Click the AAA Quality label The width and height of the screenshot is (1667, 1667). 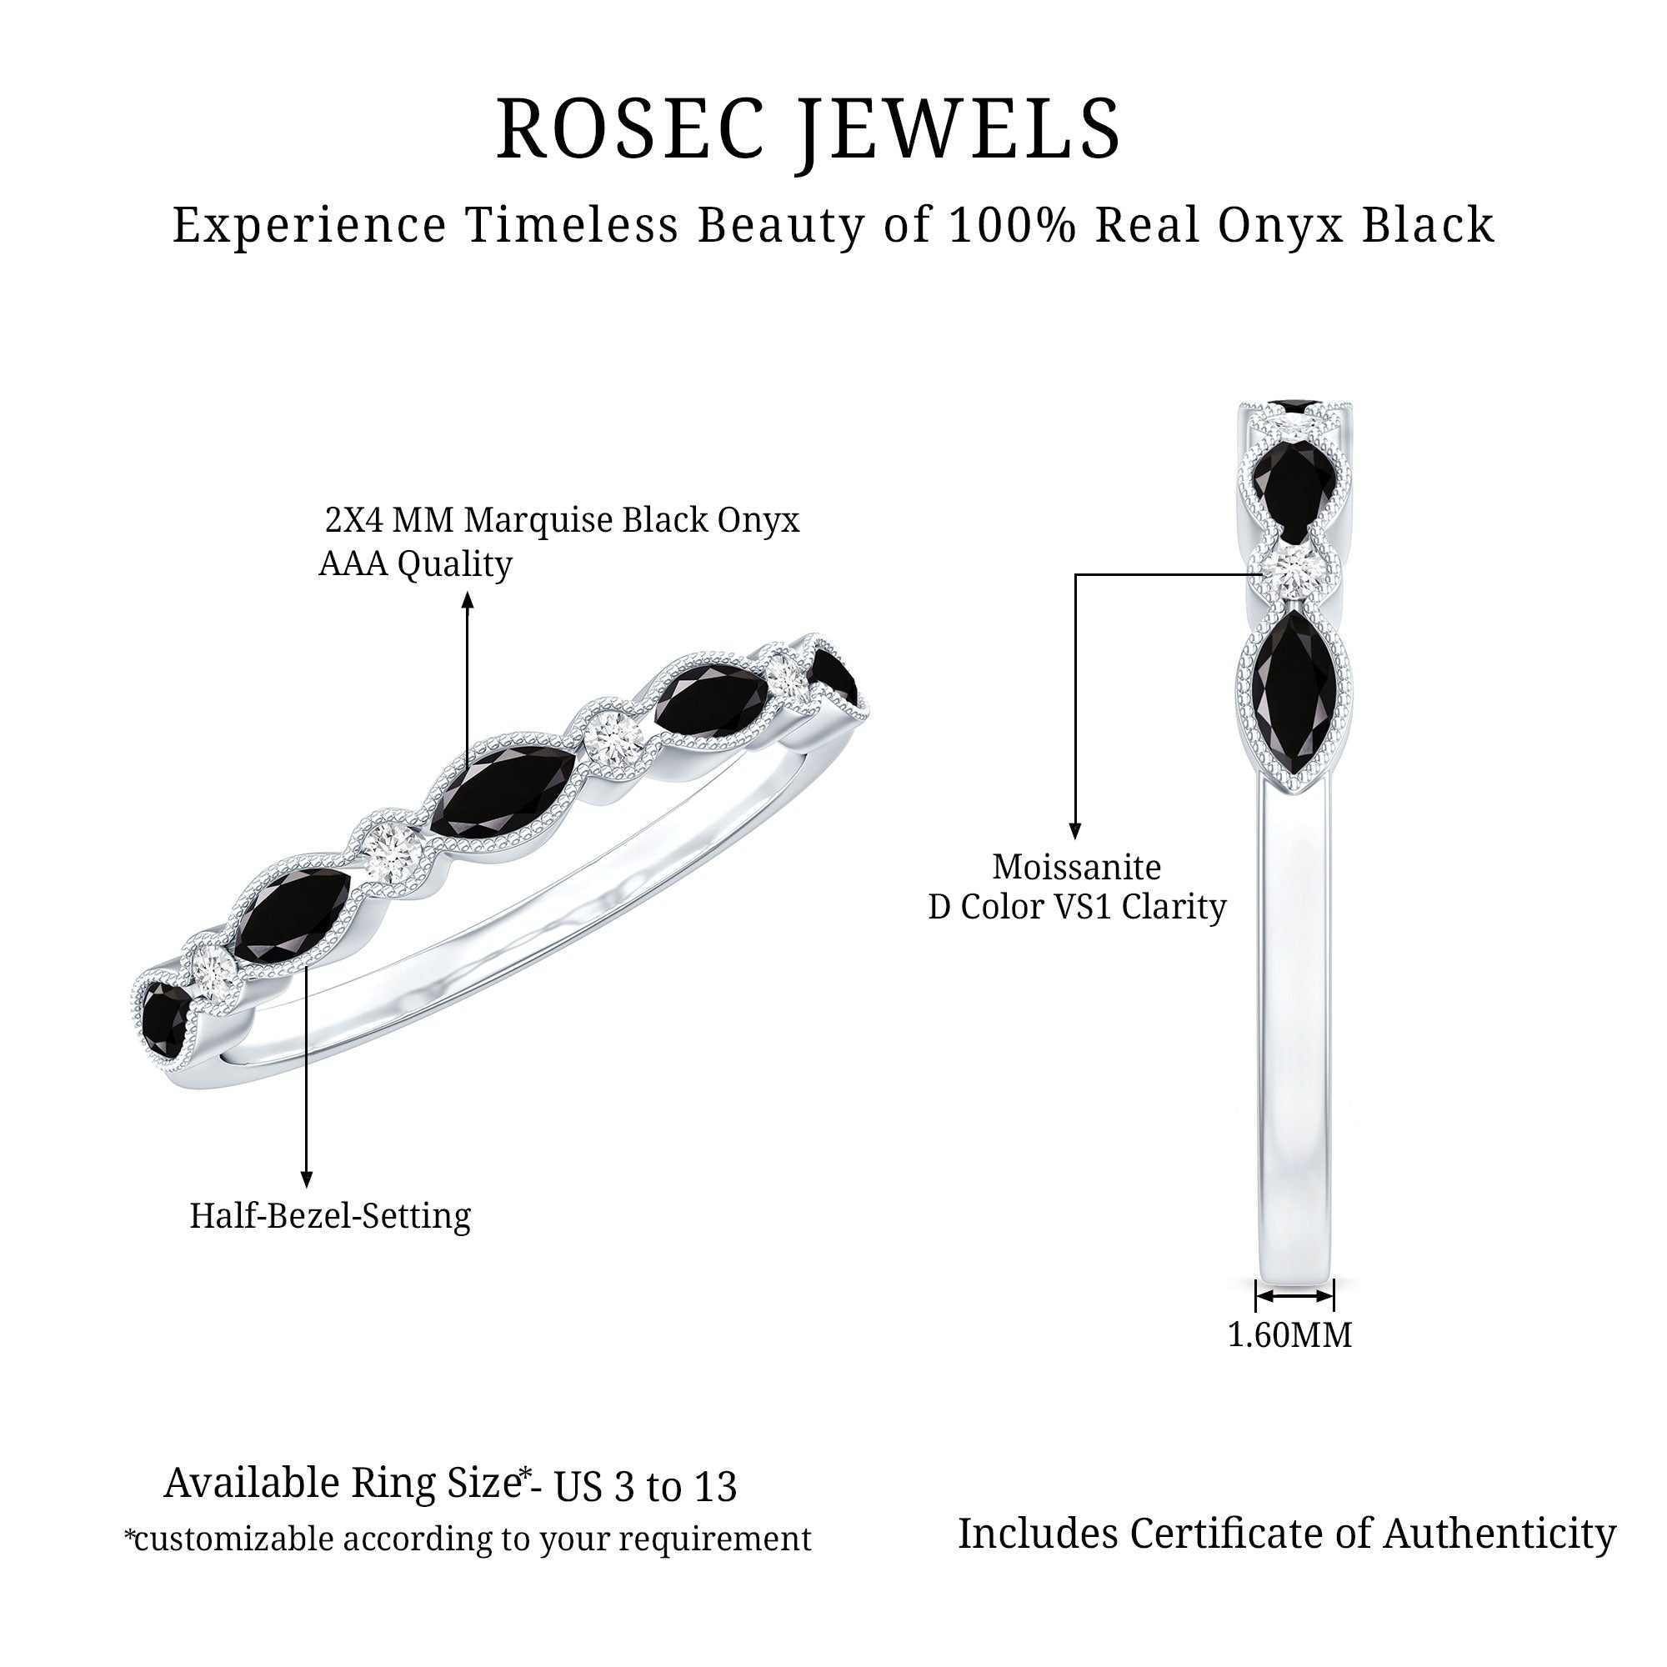(416, 564)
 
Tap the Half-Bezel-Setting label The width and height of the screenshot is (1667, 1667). (330, 1216)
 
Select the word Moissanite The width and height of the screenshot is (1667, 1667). (1077, 866)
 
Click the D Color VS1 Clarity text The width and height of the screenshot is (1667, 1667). (1077, 907)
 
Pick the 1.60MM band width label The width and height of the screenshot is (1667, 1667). (1290, 1334)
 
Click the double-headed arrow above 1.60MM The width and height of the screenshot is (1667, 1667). (1294, 1296)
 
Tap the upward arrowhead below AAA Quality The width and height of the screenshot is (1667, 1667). (468, 599)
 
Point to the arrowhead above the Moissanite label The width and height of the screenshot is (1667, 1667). (1075, 832)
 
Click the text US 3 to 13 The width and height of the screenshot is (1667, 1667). (645, 1487)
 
